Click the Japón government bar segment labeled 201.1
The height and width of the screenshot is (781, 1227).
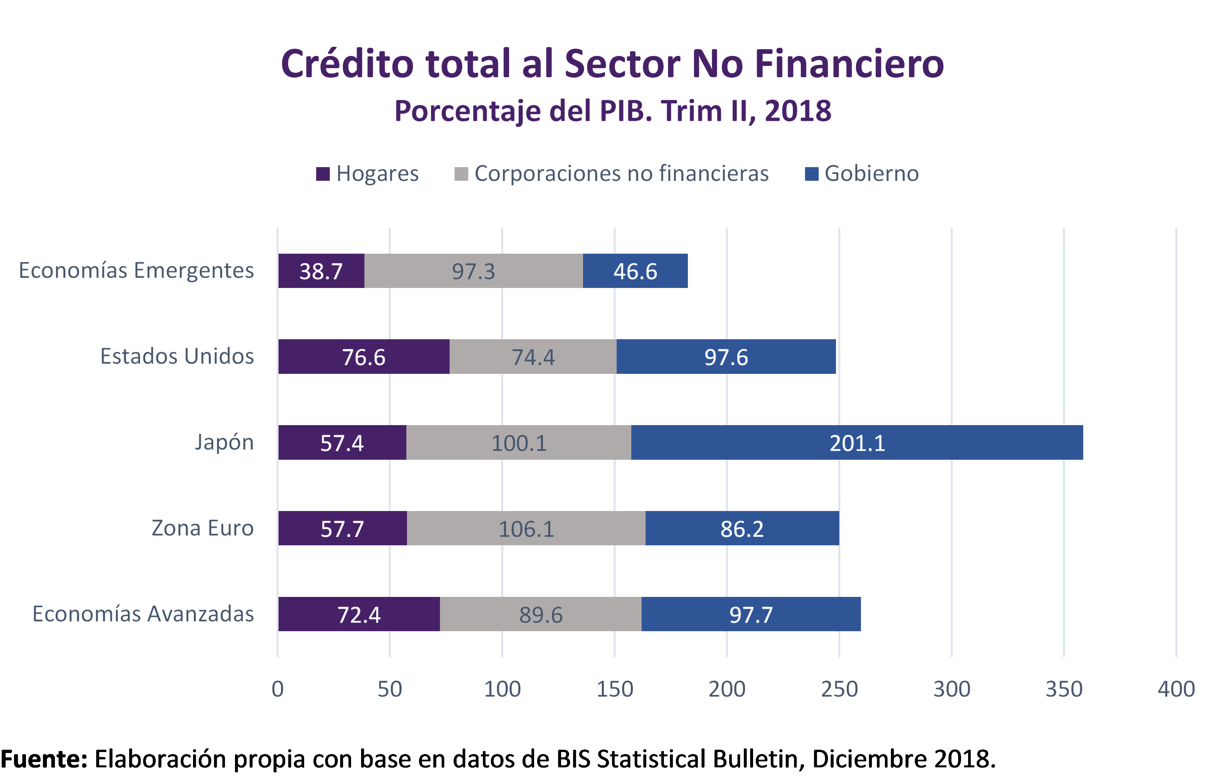coord(857,442)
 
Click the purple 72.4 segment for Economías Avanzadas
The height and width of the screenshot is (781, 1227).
coord(359,614)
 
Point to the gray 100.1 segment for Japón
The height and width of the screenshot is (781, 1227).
coord(519,442)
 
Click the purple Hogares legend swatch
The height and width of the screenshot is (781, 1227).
coord(322,174)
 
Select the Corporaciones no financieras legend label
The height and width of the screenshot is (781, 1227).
coord(621,173)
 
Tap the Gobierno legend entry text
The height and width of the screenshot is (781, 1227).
coord(871,173)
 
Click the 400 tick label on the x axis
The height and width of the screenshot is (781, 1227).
coord(1176,689)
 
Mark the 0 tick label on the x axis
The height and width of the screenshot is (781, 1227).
coord(278,689)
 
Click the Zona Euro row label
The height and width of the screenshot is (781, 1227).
coord(202,528)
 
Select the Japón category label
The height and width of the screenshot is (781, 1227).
coord(224,442)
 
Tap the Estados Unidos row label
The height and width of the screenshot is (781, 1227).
coord(177,356)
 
